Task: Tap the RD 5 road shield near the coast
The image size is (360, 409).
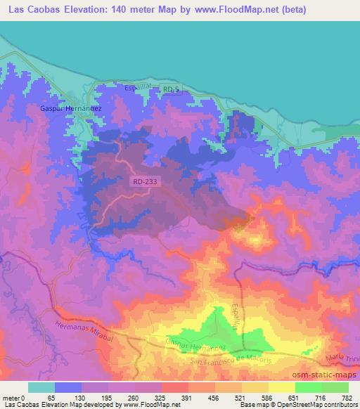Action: pyautogui.click(x=172, y=89)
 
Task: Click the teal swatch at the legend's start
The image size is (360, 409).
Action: pyautogui.click(x=41, y=387)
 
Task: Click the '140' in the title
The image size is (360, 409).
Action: pyautogui.click(x=129, y=11)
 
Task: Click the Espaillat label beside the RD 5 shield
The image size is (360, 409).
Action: pyautogui.click(x=139, y=87)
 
